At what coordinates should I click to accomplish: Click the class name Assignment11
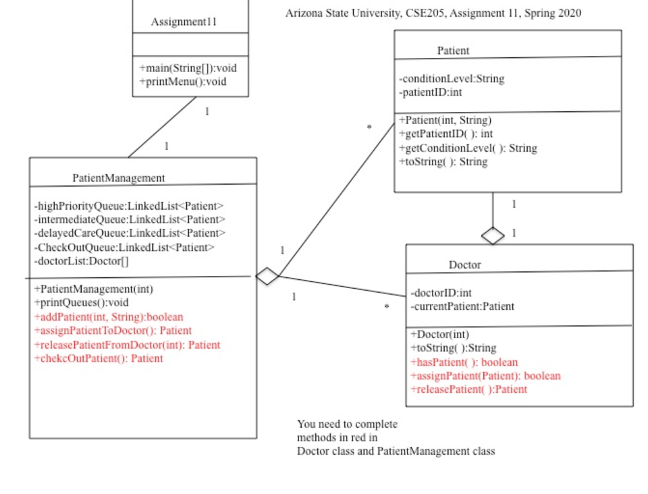pos(184,22)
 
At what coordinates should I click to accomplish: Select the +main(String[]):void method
pos(183,68)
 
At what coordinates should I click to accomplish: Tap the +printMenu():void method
pos(183,82)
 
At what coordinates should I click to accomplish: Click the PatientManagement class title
pos(118,178)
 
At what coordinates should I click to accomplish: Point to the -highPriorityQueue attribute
pos(129,206)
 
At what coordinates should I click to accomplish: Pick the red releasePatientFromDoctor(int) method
pos(127,345)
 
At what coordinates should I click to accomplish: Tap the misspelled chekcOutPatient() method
pos(98,358)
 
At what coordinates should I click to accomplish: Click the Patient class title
pos(453,50)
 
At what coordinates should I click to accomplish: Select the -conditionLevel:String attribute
pos(452,78)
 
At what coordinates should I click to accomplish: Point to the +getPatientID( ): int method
pos(446,134)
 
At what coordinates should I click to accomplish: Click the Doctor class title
pos(465,264)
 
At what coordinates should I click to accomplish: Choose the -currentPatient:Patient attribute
pos(462,306)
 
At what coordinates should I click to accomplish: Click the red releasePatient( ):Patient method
pos(468,389)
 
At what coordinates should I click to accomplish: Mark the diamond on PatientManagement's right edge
pos(267,277)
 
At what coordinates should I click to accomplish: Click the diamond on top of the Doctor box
pos(493,236)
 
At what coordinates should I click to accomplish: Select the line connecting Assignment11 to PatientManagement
pos(162,127)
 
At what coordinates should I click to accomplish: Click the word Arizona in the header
pos(303,13)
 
